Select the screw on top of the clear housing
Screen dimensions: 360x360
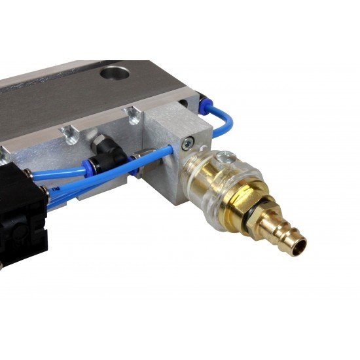[x=225, y=156]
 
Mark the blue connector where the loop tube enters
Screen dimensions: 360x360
[x=204, y=103]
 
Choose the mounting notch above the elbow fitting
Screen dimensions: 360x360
[x=71, y=134]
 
